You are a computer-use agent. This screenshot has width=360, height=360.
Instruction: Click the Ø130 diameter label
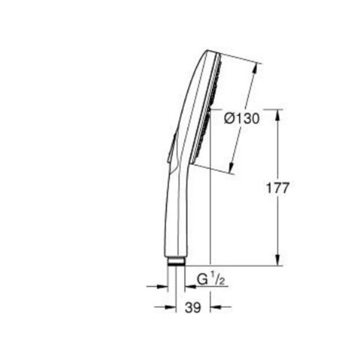pyautogui.click(x=241, y=119)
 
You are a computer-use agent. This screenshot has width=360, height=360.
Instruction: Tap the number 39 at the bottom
pyautogui.click(x=193, y=308)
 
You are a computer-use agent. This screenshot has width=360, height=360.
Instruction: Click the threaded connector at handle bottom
pyautogui.click(x=177, y=262)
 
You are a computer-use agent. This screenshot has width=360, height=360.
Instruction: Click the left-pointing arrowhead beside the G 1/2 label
pyautogui.click(x=189, y=285)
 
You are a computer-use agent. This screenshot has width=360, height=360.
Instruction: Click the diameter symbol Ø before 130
pyautogui.click(x=229, y=119)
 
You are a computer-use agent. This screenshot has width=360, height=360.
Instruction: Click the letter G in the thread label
pyautogui.click(x=202, y=280)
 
